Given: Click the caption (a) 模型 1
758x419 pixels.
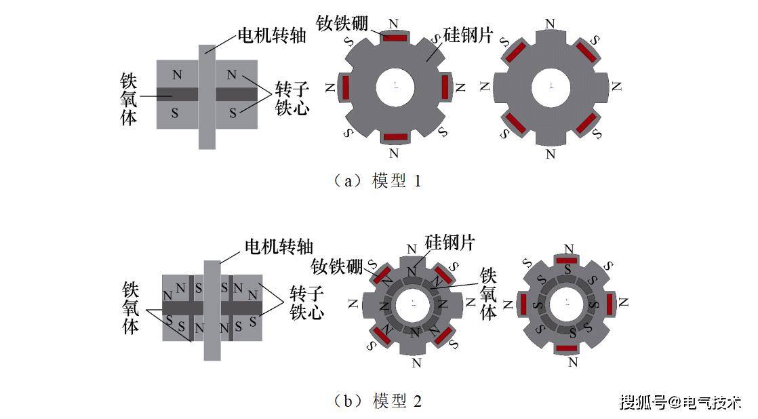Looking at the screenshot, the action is click(x=378, y=181).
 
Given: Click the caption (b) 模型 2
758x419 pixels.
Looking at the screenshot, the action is click(x=378, y=401).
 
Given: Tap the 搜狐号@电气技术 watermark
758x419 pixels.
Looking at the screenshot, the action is click(x=680, y=401).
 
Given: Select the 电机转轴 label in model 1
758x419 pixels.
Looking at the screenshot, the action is click(x=272, y=35).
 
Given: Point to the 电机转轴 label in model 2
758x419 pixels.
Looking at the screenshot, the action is click(x=279, y=247).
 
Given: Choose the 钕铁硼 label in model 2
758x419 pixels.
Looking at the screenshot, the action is click(x=336, y=266).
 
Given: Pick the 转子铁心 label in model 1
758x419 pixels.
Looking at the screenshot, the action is click(x=292, y=98).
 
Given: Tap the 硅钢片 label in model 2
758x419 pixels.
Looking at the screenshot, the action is click(x=450, y=242).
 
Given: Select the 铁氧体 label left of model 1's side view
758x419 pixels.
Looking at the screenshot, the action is click(x=129, y=100).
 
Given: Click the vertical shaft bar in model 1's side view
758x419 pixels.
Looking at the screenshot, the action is click(x=207, y=97).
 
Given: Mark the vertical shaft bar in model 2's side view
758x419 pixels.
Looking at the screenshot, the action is click(x=212, y=311).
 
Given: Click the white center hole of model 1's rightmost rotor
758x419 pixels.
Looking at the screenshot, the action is click(x=551, y=87).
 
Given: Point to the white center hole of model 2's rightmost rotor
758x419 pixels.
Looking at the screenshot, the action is click(x=567, y=304).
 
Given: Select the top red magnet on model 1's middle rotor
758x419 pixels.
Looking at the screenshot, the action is click(x=395, y=37).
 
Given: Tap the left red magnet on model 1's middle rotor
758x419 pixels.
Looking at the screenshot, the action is click(x=346, y=87).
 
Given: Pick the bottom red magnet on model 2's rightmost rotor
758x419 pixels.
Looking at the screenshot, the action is click(x=567, y=348).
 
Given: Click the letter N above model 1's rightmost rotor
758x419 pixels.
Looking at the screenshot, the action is click(x=550, y=24).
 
